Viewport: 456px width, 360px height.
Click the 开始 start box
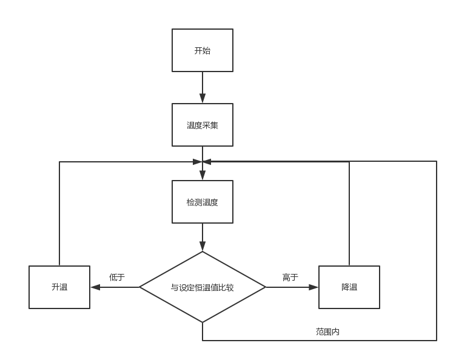203,50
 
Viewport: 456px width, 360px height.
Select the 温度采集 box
203,125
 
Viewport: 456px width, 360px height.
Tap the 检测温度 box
203,202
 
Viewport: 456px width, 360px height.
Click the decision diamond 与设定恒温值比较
203,287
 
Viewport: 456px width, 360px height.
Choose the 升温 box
59,287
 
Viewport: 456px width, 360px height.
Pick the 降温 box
349,287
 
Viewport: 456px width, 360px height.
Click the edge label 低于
117,277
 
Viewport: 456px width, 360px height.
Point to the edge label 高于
290,277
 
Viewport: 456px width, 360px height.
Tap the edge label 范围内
327,332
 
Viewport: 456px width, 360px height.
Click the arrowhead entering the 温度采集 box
203,99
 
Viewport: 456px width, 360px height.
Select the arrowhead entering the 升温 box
95,287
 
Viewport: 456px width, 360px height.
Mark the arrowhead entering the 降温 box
313,287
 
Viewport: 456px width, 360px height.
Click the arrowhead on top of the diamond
203,247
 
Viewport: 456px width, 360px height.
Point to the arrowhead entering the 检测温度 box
203,175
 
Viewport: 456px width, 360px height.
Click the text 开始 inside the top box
203,51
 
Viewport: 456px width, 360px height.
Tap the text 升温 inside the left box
59,287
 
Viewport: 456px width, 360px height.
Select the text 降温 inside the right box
349,287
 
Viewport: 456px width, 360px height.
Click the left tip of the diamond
141,287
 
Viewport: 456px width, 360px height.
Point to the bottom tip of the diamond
203,322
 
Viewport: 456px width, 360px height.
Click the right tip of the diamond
265,287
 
